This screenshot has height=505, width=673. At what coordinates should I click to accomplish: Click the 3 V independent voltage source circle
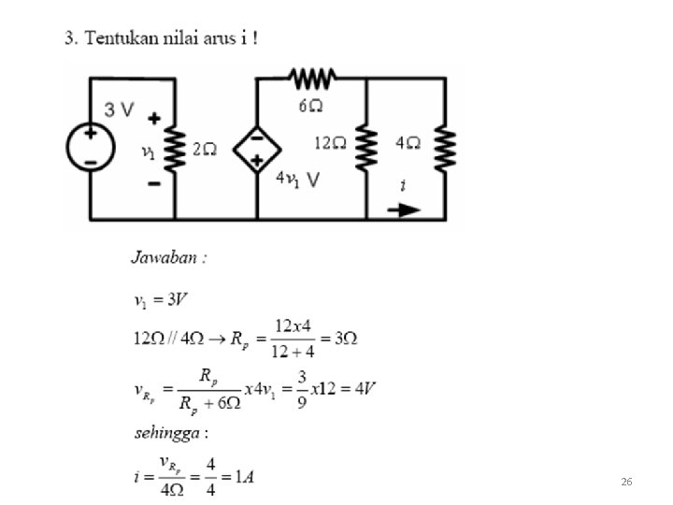(x=91, y=148)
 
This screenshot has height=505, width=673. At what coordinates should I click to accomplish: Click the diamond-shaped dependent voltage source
(x=256, y=148)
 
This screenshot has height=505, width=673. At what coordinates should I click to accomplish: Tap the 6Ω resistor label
(x=311, y=105)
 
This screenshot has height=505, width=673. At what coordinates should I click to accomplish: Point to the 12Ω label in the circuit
(x=330, y=143)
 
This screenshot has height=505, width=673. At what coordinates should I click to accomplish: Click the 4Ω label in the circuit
(x=408, y=143)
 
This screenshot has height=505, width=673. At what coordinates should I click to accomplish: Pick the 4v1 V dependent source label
(x=297, y=180)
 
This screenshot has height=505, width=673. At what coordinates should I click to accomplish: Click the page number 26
(x=627, y=481)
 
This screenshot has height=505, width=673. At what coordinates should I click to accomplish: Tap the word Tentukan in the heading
(x=121, y=38)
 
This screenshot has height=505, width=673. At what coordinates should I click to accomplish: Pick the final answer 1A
(x=242, y=476)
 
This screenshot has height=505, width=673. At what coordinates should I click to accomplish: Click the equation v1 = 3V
(x=162, y=301)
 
